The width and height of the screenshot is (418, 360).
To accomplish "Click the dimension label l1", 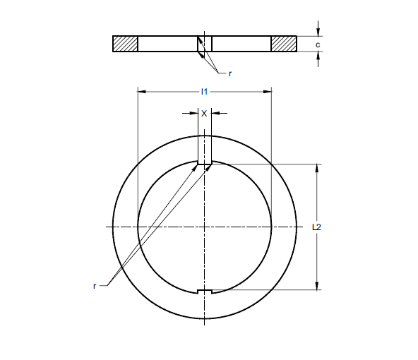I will (x=204, y=91).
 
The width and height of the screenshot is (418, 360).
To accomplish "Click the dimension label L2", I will (x=317, y=227).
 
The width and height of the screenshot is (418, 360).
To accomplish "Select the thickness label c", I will (x=318, y=44).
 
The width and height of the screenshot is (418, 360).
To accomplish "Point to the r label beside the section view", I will (x=229, y=73).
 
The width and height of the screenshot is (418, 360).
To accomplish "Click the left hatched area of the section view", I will (x=125, y=44).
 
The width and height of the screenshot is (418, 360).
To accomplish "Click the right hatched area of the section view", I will (x=284, y=44).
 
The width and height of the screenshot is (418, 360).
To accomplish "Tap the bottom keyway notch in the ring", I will (x=204, y=291).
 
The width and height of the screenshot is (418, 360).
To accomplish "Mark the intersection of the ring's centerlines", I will (x=205, y=227).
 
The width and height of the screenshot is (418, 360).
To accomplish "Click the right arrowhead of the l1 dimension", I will (x=268, y=91).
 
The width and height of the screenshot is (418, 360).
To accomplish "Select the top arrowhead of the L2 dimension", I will (x=317, y=169).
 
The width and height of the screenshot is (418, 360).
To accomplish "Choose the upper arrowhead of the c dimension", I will (x=318, y=32).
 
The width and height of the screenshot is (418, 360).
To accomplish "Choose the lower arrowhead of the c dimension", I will (x=318, y=56).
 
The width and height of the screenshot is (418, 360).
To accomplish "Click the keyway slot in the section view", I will (x=204, y=44).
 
